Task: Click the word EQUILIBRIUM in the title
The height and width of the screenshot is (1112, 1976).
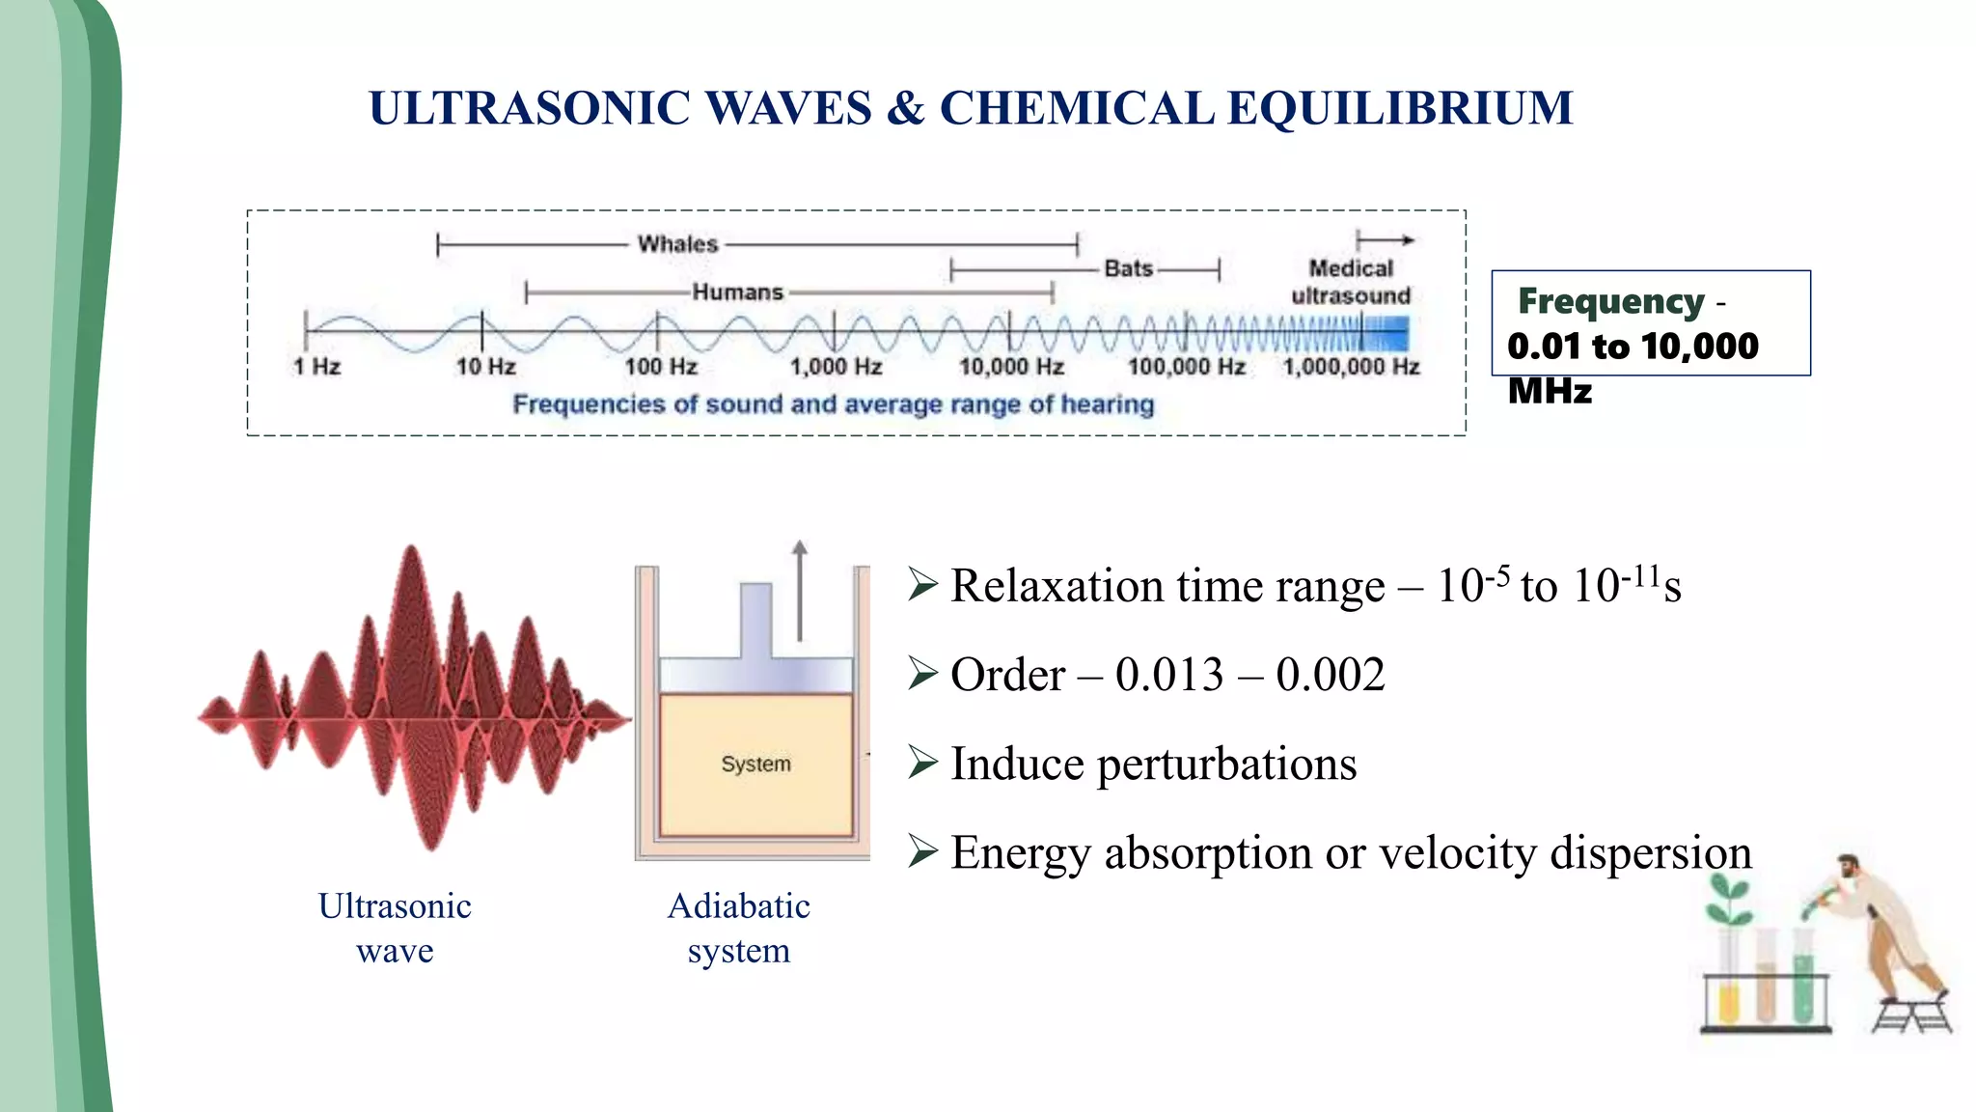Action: (1400, 108)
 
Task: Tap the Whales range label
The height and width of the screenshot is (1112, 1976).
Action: (677, 244)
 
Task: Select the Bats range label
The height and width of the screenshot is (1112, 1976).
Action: (1128, 268)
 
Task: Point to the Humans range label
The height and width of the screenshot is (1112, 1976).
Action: (737, 292)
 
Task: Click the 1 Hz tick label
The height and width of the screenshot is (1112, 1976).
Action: (316, 367)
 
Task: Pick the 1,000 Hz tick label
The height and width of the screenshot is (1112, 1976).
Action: (836, 367)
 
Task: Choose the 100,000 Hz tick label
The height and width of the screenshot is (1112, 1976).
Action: (1186, 367)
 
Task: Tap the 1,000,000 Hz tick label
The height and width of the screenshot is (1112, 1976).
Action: (1351, 367)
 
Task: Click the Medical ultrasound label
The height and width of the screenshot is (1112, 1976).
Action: (1351, 282)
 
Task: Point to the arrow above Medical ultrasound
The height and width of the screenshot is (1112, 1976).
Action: (1385, 239)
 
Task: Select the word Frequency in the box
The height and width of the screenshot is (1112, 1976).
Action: (1610, 301)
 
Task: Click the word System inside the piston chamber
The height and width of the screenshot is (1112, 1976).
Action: (755, 764)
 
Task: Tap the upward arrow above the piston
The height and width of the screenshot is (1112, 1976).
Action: (800, 589)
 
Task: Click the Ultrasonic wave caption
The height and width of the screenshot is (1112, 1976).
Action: (395, 928)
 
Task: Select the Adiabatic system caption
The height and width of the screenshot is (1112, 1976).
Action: (739, 928)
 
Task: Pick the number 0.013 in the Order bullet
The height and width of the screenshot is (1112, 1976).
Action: (1169, 675)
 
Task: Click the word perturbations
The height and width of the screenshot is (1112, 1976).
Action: (1226, 764)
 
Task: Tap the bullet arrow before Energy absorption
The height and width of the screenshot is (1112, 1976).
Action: (922, 851)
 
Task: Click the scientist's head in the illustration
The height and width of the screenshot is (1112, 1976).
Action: (1849, 866)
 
